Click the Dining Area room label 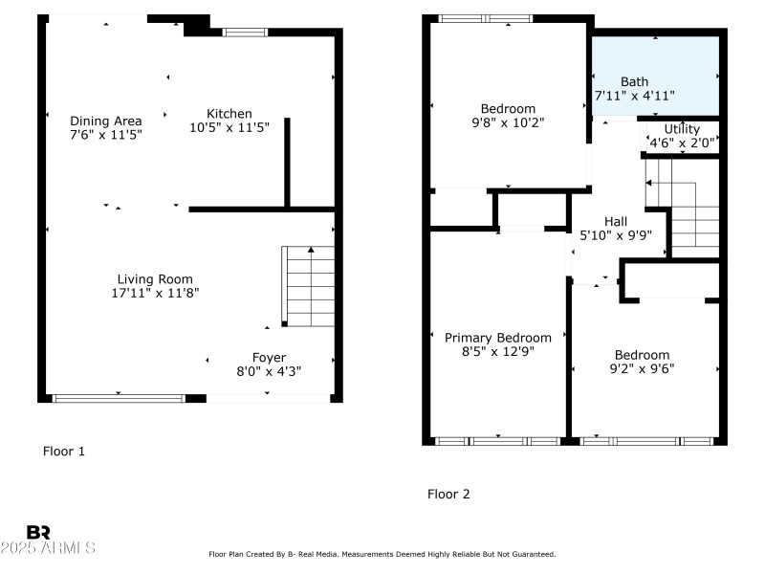106,121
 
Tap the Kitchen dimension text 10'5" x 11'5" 229,127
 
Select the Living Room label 155,279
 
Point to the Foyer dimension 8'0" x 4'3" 269,371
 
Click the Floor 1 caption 64,451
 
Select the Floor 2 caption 448,495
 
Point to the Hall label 616,221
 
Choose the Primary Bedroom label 498,338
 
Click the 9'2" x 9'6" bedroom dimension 643,368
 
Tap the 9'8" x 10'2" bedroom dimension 508,122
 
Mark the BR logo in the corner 38,532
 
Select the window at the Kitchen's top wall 246,33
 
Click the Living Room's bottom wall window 120,397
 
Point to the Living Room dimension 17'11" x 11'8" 155,294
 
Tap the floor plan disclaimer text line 382,554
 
